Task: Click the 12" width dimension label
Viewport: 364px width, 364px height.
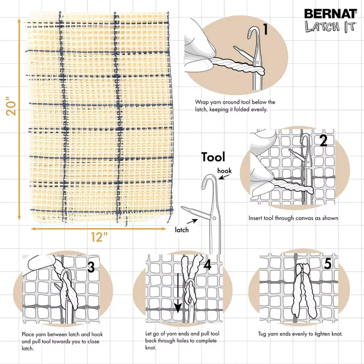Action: [96, 237]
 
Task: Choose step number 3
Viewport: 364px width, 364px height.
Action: [91, 267]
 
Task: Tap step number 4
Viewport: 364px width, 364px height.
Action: [207, 265]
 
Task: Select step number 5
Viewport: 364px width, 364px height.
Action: [328, 264]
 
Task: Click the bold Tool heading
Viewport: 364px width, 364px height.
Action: [213, 157]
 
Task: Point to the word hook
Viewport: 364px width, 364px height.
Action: [224, 171]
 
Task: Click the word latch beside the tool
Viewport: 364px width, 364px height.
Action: [182, 230]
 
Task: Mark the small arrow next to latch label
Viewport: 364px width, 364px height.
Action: [192, 221]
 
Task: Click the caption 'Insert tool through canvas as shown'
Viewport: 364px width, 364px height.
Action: [293, 218]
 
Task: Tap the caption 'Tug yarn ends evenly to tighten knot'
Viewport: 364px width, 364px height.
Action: [300, 334]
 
